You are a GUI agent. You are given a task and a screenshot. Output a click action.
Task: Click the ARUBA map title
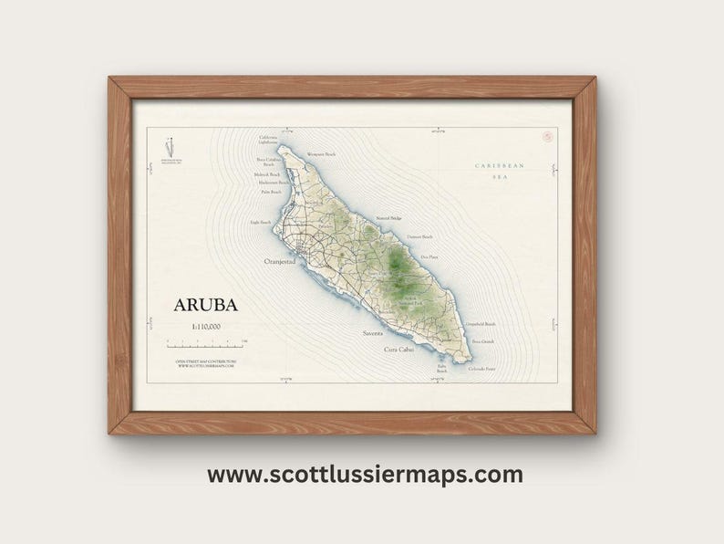tap(206, 305)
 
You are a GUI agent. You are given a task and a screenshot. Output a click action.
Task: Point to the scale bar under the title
tap(206, 343)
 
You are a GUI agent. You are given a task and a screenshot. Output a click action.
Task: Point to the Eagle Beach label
tap(261, 222)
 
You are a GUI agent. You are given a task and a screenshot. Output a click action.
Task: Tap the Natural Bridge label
tap(389, 219)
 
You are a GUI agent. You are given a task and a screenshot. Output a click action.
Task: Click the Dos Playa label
tap(429, 257)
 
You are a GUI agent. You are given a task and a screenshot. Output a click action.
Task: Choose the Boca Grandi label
tap(483, 341)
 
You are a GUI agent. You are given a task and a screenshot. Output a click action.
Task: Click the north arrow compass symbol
tap(168, 147)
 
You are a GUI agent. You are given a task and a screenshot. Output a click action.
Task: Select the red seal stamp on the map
tap(548, 138)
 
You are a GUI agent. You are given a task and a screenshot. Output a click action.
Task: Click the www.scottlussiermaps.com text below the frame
tap(365, 475)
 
